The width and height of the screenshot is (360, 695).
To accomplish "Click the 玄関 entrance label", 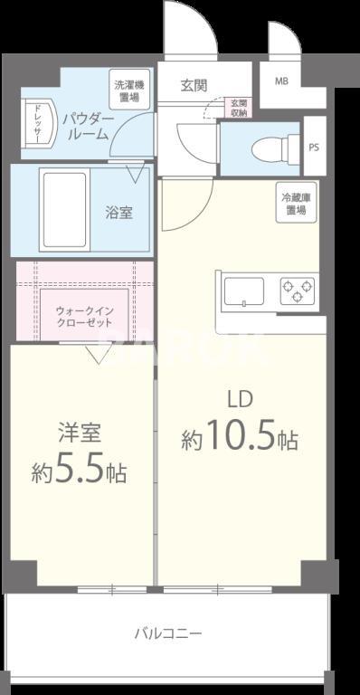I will coord(193,86).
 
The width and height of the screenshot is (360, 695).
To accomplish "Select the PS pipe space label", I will coord(314,147).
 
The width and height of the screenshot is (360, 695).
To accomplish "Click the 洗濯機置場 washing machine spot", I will coord(128,90).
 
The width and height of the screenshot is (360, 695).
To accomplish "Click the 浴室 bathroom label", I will coord(118,213).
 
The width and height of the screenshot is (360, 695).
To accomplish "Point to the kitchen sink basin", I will coord(243,291).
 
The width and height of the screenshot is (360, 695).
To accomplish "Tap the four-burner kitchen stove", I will coord(298,290).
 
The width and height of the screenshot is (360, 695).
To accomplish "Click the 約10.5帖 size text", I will coord(239,440).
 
